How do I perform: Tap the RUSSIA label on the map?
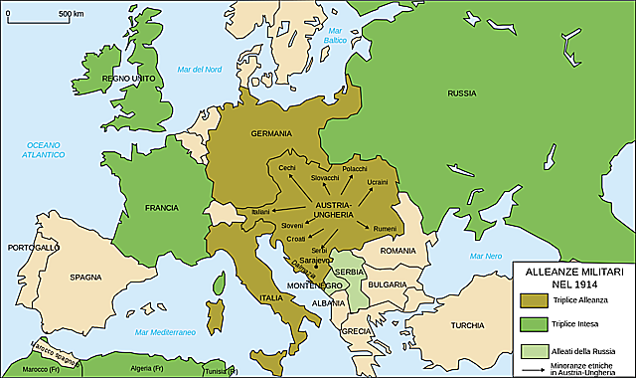(461, 94)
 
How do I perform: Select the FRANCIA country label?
(160, 208)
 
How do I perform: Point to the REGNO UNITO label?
(123, 77)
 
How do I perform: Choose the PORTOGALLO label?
(34, 246)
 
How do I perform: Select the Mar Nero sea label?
(487, 257)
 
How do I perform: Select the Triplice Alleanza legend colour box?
(534, 299)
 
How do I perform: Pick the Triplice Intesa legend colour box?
(534, 324)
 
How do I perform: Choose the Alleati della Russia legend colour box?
(534, 350)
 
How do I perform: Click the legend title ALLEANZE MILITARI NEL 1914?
(571, 278)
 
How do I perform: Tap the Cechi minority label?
(288, 167)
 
